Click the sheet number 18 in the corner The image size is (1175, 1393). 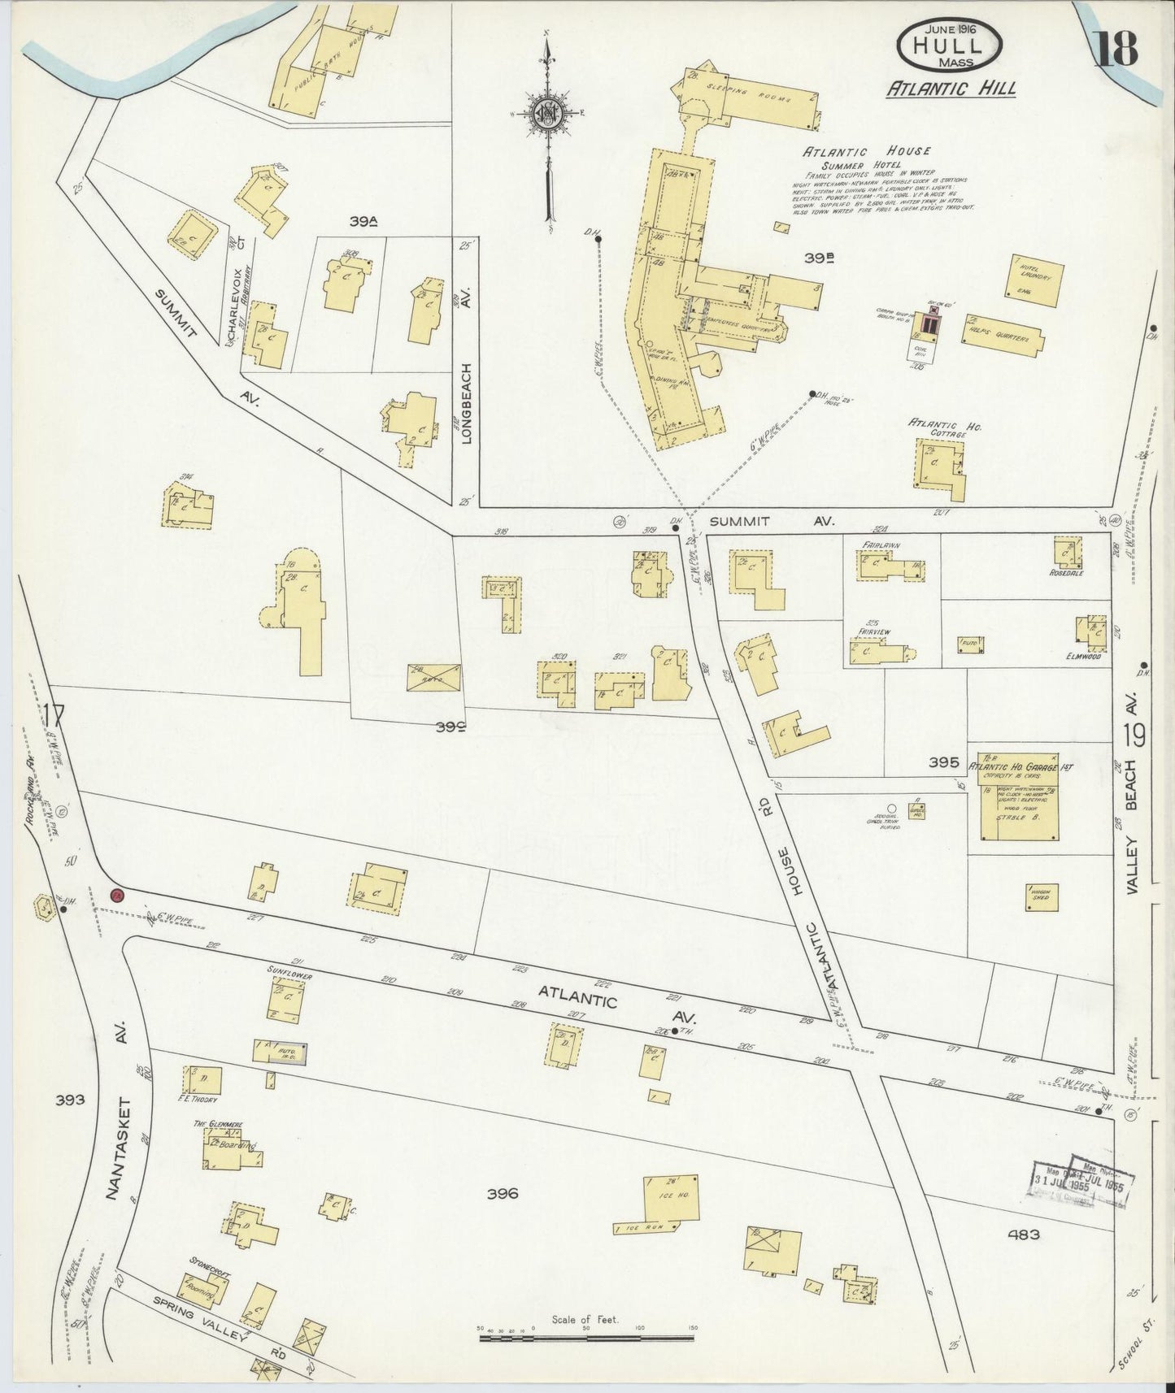click(x=1116, y=47)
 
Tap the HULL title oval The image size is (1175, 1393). click(x=948, y=46)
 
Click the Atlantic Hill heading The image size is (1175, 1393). click(x=951, y=89)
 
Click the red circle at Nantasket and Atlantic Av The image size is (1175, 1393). click(x=116, y=895)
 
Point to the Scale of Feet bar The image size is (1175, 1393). click(x=585, y=1336)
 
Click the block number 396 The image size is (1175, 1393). click(x=503, y=1193)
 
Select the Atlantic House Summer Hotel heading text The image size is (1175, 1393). click(x=867, y=157)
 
